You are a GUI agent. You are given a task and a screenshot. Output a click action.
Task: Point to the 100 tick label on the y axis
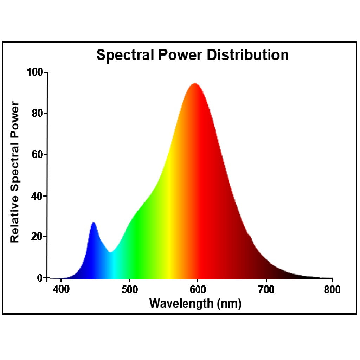(x=35, y=72)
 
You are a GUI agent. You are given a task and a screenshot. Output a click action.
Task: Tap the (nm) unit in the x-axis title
(x=229, y=303)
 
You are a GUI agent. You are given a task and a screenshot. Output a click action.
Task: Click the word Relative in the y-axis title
(x=14, y=224)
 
